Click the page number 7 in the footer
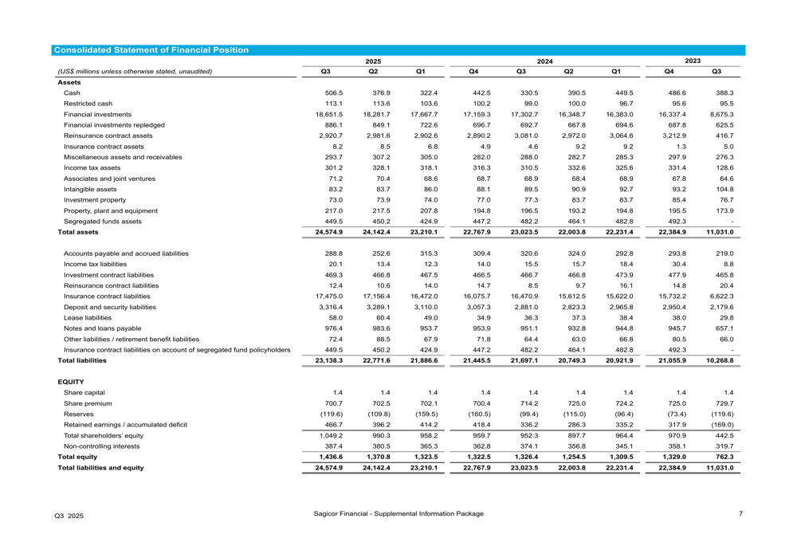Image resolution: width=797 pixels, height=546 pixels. (x=740, y=513)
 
